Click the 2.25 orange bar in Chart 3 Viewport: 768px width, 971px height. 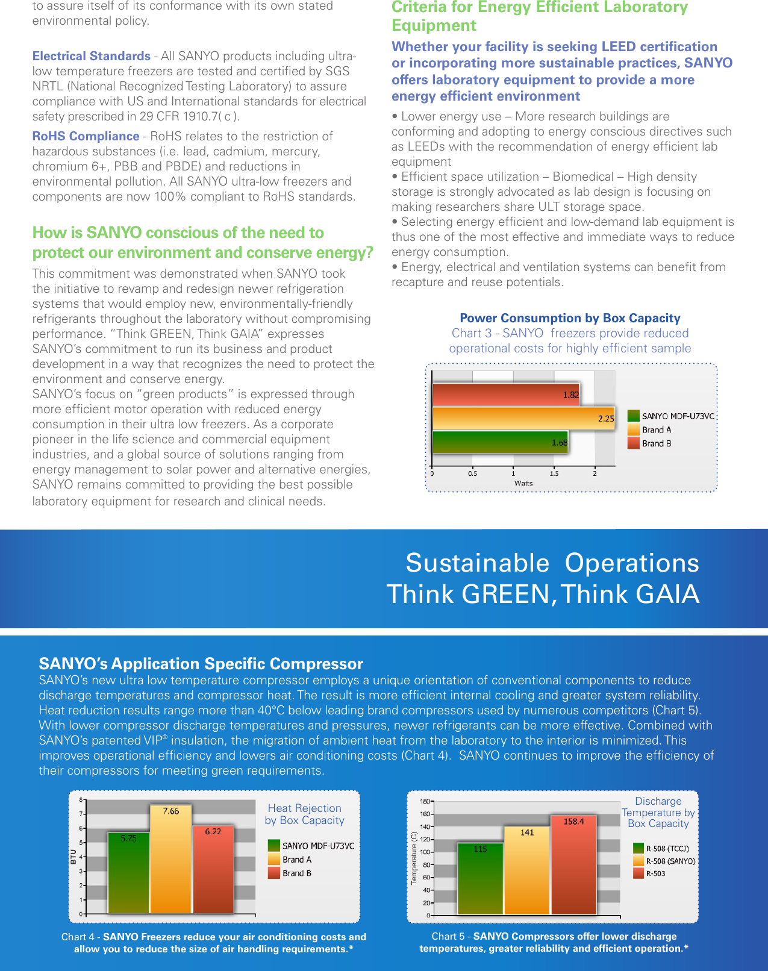(x=523, y=419)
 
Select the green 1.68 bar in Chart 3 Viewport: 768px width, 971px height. (x=500, y=443)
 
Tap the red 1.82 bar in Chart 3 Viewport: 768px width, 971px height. (x=506, y=395)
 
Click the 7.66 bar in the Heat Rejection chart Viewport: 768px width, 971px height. (x=171, y=858)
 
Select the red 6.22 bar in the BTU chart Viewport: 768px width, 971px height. (x=213, y=869)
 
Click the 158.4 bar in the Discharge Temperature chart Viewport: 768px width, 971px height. (x=573, y=864)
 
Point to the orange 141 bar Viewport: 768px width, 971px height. (x=527, y=870)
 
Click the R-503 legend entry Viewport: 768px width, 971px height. (x=655, y=873)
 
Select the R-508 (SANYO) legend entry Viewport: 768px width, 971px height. (x=670, y=861)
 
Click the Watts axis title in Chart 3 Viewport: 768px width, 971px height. (x=523, y=483)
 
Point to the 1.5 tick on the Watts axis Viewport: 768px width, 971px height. (x=554, y=473)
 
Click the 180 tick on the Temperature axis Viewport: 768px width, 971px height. (x=425, y=802)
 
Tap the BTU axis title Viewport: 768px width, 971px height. (x=73, y=857)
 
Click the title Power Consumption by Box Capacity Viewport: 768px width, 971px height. (x=570, y=318)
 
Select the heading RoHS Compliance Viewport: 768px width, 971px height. (x=86, y=136)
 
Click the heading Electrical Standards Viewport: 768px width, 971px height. (x=92, y=56)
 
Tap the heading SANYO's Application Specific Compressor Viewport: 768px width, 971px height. (x=201, y=664)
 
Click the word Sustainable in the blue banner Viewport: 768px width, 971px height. (x=477, y=563)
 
